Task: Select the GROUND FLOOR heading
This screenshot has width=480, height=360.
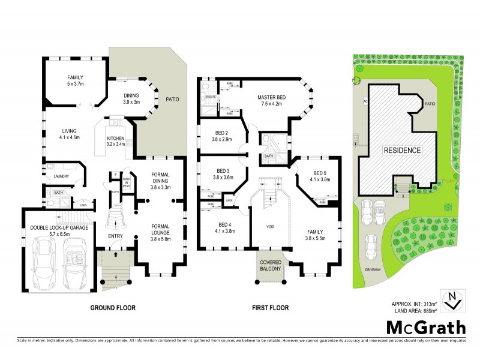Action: click(113, 308)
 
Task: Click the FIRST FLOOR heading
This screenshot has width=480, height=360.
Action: click(269, 308)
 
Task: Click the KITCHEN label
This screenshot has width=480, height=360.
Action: click(115, 138)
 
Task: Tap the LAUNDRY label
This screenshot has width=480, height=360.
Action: click(61, 176)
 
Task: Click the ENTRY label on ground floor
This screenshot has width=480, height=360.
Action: click(115, 236)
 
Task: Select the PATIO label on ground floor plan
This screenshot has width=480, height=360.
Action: click(173, 99)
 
